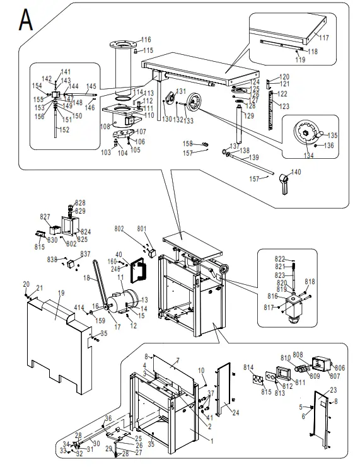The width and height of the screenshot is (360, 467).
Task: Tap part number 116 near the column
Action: (146, 40)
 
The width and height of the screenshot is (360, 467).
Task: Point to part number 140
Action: (296, 172)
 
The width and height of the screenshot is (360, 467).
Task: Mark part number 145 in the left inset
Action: (91, 86)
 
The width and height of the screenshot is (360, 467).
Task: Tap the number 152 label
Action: (64, 129)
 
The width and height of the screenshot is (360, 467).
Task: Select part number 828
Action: (80, 203)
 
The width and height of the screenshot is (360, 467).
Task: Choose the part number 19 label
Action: (61, 293)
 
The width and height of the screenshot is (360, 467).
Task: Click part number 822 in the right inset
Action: (280, 259)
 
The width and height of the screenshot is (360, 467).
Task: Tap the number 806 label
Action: (340, 368)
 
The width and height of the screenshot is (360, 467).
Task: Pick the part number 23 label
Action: (334, 390)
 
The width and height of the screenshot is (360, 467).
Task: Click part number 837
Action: (85, 254)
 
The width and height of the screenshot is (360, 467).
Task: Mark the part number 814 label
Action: (248, 367)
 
